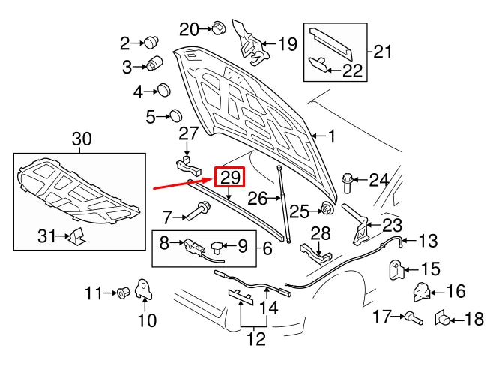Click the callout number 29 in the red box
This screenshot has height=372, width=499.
point(230,178)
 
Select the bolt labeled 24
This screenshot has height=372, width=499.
point(348,180)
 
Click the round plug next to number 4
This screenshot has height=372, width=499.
point(162,91)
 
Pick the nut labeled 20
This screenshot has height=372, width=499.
point(218,28)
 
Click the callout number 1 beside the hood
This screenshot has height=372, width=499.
point(330,136)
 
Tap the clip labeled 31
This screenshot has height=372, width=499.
point(76,238)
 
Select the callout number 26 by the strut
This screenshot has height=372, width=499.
point(258,199)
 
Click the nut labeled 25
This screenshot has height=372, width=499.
point(327,208)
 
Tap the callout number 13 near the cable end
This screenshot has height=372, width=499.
point(428,241)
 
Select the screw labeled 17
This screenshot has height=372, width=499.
point(411,318)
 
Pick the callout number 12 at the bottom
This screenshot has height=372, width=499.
point(256,339)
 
